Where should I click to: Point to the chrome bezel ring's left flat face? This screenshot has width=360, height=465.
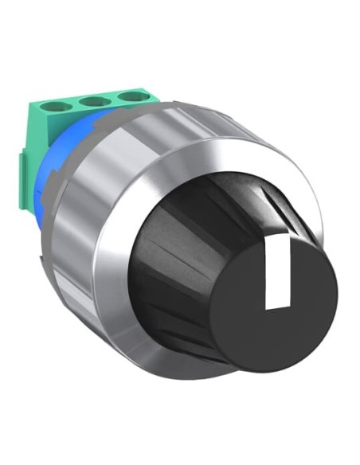point(112,263)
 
